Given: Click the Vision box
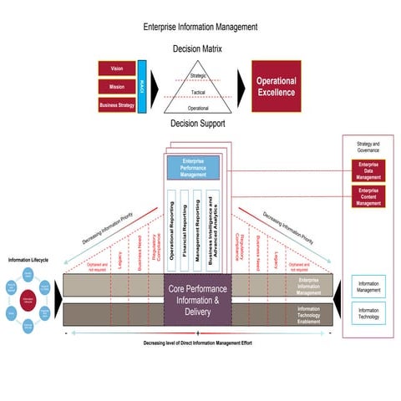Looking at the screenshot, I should coord(117,69).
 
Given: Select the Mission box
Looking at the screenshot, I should coord(117,86).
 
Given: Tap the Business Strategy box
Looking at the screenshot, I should coord(117,104).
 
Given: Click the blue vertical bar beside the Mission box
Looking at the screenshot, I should coord(142,86).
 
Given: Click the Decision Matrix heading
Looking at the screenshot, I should coord(198,49).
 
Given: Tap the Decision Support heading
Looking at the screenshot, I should coord(198,124).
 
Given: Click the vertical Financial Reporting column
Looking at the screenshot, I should coord(184,231).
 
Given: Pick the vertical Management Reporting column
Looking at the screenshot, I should coord(197,231).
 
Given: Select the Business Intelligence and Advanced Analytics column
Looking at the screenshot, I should coord(211,231).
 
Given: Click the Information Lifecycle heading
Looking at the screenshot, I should coord(28,260).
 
